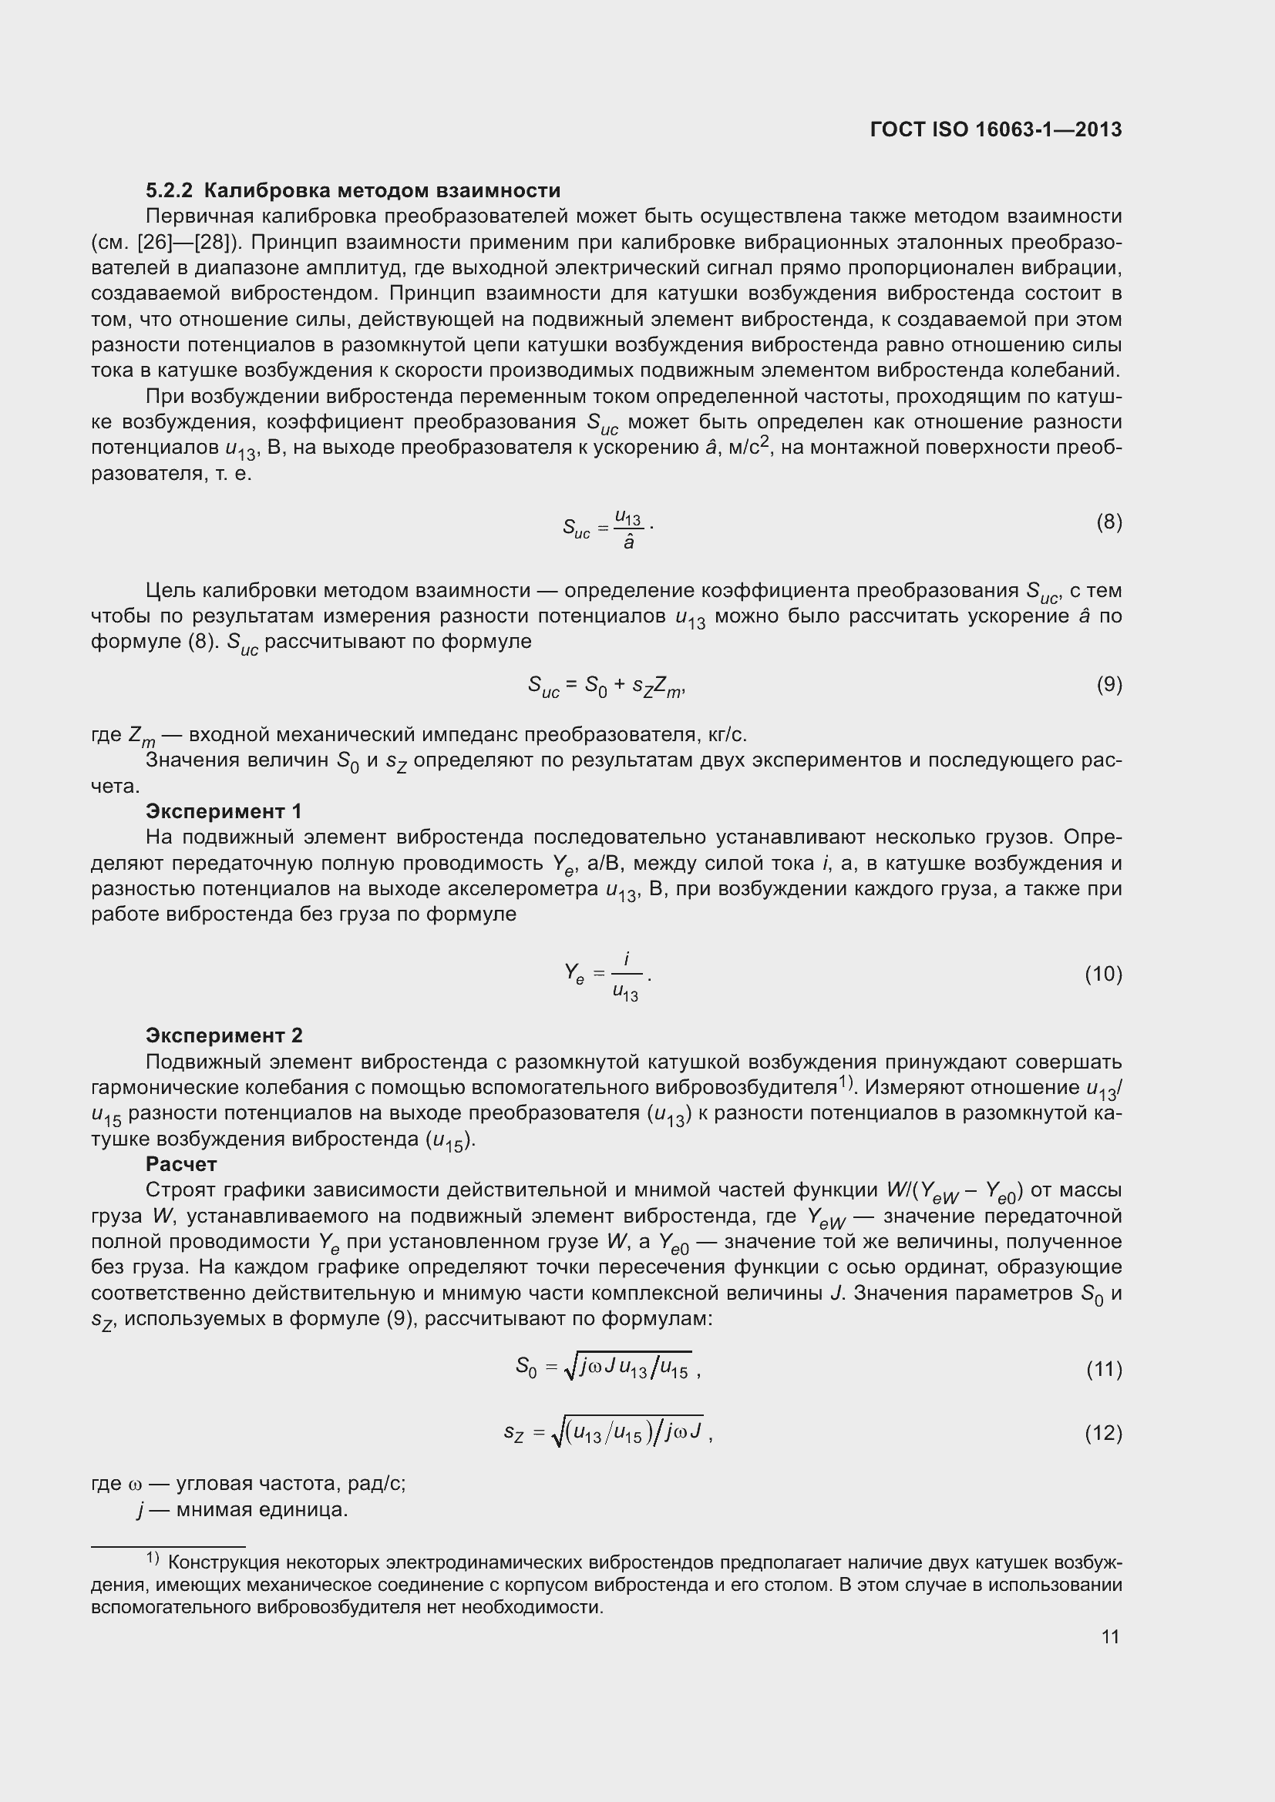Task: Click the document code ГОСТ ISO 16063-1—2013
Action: click(x=995, y=129)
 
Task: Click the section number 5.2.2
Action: click(x=169, y=191)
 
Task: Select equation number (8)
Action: click(x=1108, y=522)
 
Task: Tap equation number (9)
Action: click(x=1108, y=685)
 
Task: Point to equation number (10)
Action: click(x=1103, y=974)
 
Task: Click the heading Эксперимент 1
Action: click(x=224, y=811)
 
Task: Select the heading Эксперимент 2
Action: click(x=224, y=1036)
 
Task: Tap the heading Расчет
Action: click(x=181, y=1164)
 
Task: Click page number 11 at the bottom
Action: click(x=1110, y=1636)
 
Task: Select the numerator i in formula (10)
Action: click(x=627, y=959)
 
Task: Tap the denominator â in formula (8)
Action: click(x=628, y=542)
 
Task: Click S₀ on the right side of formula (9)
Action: click(x=595, y=686)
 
